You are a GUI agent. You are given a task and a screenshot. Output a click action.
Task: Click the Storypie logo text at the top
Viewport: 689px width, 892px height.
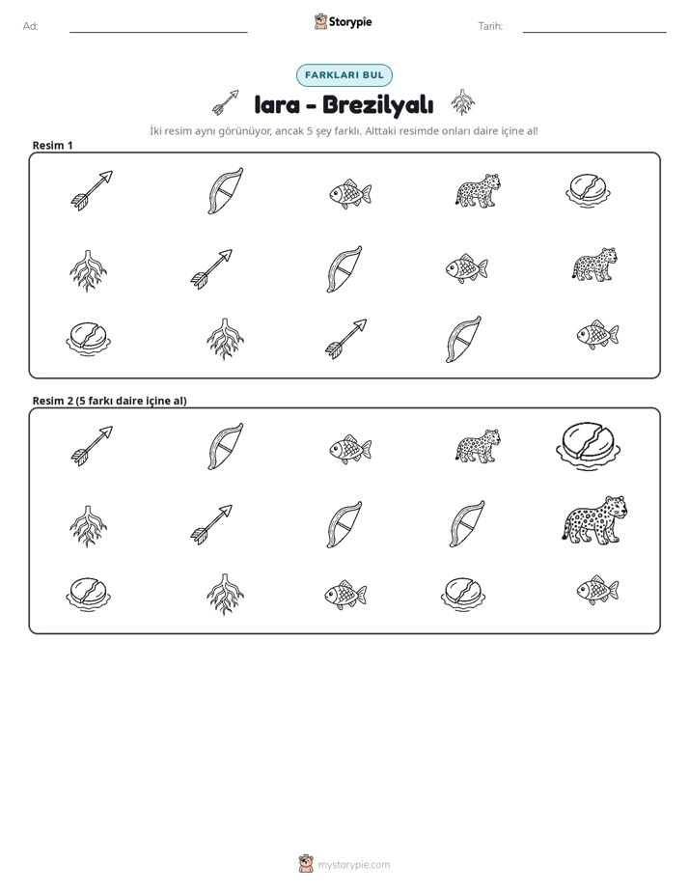pos(350,22)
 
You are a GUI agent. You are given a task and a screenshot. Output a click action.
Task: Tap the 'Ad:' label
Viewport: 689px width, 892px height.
pos(31,26)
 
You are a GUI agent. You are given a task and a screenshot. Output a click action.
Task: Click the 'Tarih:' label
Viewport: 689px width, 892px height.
pos(490,26)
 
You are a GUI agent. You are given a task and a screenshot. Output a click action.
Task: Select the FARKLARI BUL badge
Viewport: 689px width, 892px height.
pos(344,75)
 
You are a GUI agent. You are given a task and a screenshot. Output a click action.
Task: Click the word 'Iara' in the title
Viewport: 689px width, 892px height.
pos(277,104)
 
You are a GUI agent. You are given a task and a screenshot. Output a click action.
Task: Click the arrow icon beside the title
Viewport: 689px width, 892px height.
pos(226,102)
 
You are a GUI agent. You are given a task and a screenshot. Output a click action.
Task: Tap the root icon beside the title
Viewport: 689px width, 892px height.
pos(463,102)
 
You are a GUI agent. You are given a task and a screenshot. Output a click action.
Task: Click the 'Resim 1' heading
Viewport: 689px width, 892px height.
pos(52,145)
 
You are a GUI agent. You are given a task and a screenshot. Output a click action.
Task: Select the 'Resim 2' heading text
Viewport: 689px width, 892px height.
pos(109,401)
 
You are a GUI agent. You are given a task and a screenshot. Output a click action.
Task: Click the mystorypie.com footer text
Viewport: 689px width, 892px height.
pos(353,865)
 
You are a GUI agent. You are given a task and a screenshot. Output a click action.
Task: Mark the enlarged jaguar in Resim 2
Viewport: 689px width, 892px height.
pos(595,520)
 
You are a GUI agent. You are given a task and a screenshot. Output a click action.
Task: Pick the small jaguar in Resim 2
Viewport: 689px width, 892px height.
pos(478,446)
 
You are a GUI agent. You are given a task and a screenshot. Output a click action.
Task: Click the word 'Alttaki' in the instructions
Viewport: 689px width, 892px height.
pos(381,131)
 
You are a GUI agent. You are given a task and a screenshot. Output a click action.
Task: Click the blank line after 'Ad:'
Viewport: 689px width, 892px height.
pos(158,32)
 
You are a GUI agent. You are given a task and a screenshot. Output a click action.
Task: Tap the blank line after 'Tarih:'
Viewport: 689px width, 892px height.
pos(594,32)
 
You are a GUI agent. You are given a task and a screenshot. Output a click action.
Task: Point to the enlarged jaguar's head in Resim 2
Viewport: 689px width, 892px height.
pos(616,506)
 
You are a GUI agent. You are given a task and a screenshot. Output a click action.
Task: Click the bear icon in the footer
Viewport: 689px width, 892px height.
pos(306,864)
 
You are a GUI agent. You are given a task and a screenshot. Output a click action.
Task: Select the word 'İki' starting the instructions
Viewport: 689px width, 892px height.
pos(155,131)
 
